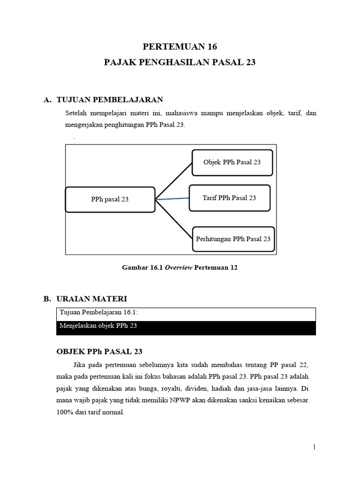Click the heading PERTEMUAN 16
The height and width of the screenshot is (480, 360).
pyautogui.click(x=180, y=46)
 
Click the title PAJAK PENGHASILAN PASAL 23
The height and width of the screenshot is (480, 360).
pyautogui.click(x=180, y=62)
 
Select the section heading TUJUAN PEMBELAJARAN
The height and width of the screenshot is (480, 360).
pyautogui.click(x=110, y=99)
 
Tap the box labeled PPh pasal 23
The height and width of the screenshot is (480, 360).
pyautogui.click(x=110, y=199)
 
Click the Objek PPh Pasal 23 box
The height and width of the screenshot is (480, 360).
pyautogui.click(x=232, y=162)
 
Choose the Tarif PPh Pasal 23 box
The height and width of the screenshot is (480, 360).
pyautogui.click(x=229, y=198)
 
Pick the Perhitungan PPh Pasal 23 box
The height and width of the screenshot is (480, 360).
pyautogui.click(x=233, y=239)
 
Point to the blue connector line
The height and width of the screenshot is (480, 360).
pyautogui.click(x=172, y=199)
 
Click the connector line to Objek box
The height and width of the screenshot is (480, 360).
pyautogui.click(x=173, y=181)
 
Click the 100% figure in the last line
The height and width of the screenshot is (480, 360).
pyautogui.click(x=64, y=413)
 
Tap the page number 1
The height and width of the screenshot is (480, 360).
pyautogui.click(x=314, y=448)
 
